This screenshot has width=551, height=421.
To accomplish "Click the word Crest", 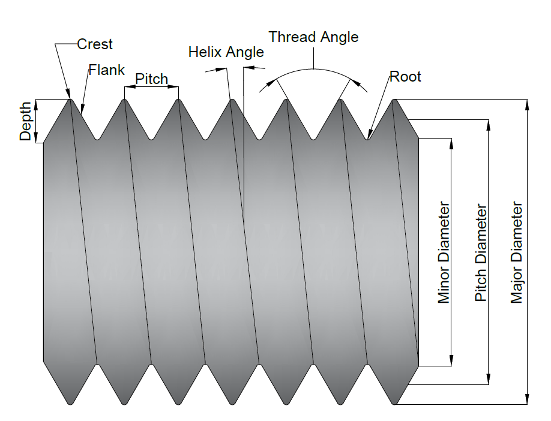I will click(x=95, y=44).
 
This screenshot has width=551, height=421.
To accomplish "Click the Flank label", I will click(x=107, y=70).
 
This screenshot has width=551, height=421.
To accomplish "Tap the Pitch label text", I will click(x=151, y=79).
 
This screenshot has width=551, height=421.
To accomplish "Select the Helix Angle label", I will click(x=226, y=52).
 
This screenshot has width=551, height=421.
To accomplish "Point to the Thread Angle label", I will click(x=313, y=37).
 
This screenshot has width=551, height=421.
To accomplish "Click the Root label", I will click(x=405, y=77).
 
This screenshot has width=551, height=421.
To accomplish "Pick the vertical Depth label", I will click(x=25, y=121).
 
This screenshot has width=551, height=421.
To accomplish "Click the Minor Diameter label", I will click(x=444, y=252).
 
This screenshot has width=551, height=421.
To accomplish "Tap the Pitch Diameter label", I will click(x=481, y=252).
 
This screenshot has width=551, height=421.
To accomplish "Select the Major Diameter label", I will click(x=516, y=252).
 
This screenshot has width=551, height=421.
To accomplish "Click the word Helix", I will click(x=206, y=52).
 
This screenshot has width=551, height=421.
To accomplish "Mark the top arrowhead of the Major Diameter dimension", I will click(x=527, y=104).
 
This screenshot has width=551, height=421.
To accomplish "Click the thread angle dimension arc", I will click(x=313, y=70).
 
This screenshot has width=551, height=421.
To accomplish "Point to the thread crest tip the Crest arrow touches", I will click(x=71, y=100).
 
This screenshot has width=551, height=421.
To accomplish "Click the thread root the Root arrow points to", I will click(x=367, y=139).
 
